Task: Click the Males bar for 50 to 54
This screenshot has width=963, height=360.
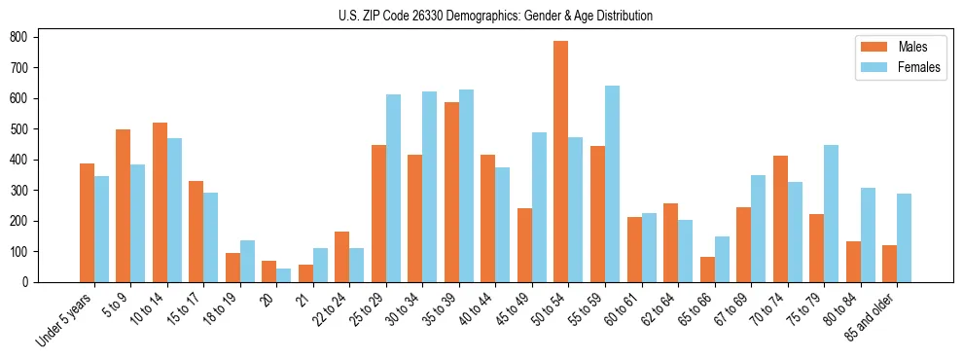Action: pyautogui.click(x=561, y=162)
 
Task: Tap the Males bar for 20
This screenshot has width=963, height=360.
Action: pyautogui.click(x=269, y=271)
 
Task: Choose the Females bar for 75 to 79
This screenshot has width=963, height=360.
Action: pyautogui.click(x=831, y=213)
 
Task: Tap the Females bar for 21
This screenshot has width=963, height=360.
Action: pyautogui.click(x=320, y=265)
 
